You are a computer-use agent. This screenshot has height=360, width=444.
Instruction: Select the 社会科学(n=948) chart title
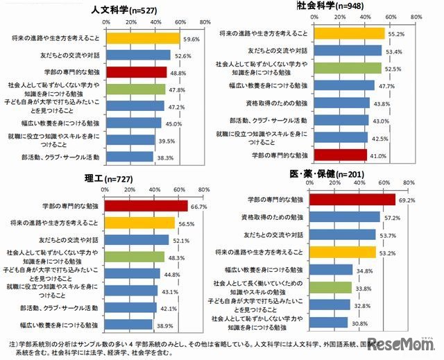pos(325,6)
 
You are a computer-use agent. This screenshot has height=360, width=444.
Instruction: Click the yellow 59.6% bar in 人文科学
pos(142,38)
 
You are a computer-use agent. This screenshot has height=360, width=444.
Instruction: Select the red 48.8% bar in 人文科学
pos(135,71)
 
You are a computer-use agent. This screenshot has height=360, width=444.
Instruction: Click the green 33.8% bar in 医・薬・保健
pos(330,286)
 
